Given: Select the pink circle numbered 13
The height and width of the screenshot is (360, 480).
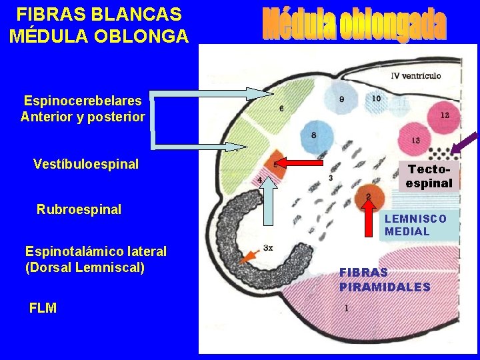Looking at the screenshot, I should coord(416,141).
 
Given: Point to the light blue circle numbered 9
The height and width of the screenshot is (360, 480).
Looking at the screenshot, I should coord(342,100).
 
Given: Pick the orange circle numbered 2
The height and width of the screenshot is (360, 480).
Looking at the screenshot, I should coord(367,196).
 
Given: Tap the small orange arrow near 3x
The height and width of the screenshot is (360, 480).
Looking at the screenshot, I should coord(250,257).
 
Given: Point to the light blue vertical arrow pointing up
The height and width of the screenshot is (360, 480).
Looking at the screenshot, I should coord(268,213).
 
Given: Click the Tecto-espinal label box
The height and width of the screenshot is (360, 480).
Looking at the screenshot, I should coord(429,176).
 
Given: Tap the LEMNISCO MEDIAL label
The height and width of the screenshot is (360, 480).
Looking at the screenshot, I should coord(415,225).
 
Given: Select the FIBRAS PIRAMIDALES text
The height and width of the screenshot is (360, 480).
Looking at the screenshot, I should coord(384,279).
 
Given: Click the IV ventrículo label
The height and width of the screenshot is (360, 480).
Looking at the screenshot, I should coord(415,75).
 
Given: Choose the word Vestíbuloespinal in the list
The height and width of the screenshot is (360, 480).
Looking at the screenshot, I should coord(86,163).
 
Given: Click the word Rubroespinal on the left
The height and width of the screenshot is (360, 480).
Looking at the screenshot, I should coord(79,209).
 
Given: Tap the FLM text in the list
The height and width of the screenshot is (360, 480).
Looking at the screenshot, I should coord(43,308).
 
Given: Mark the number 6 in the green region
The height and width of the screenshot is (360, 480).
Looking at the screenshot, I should coord(281,109).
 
